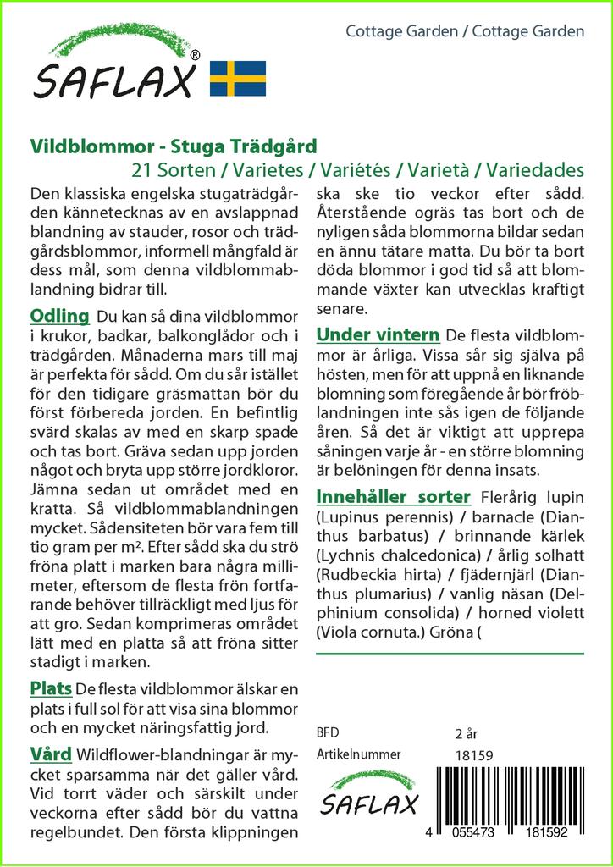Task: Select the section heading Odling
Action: [x=59, y=317]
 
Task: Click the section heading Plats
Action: [x=50, y=687]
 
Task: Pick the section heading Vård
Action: [x=50, y=754]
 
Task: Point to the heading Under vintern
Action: [x=378, y=334]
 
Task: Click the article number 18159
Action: [x=474, y=755]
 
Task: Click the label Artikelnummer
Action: [x=358, y=755]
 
